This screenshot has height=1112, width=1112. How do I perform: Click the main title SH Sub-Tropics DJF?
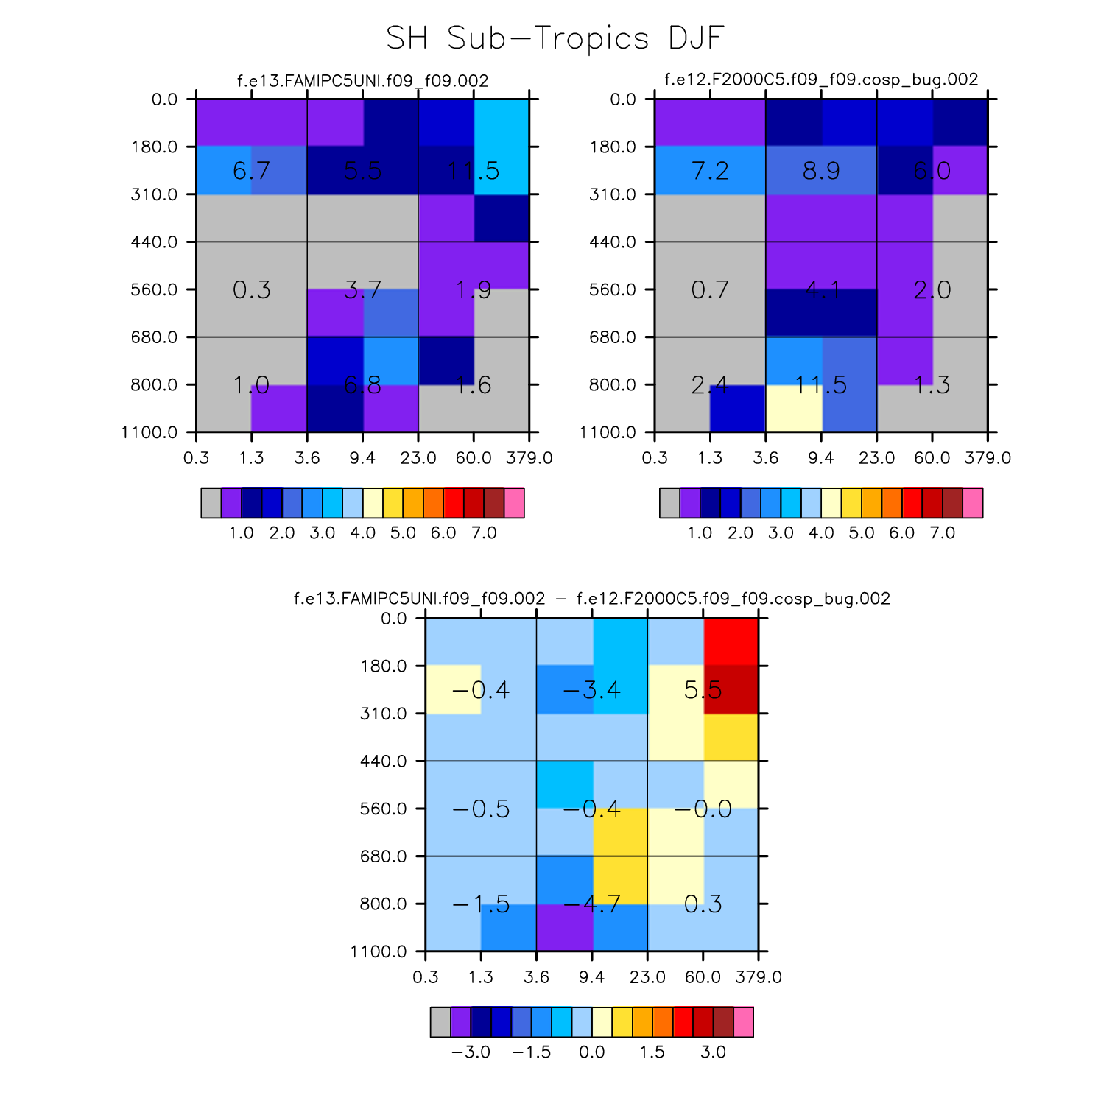tap(555, 38)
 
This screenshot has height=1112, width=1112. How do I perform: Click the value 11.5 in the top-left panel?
tap(474, 171)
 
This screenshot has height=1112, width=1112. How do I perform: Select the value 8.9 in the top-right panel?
tap(821, 171)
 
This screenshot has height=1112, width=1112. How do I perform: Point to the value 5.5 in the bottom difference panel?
tap(703, 690)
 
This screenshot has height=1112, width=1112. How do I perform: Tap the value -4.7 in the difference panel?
tap(591, 904)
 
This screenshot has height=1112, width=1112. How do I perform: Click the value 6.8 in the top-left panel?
tap(362, 384)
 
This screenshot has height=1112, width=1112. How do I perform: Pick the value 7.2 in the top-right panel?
tap(710, 171)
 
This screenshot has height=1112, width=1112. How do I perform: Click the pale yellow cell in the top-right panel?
tap(794, 408)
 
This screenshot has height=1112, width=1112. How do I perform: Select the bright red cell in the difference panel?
tap(731, 641)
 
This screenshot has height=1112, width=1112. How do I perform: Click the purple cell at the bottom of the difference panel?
tap(564, 927)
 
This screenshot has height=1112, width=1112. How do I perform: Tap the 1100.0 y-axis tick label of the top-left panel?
tap(150, 432)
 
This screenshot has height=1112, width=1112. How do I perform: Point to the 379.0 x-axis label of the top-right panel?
tap(988, 458)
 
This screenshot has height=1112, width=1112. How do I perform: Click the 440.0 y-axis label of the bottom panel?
tap(384, 761)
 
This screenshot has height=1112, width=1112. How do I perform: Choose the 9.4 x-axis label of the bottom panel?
tap(592, 977)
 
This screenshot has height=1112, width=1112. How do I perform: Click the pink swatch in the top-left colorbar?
tap(514, 503)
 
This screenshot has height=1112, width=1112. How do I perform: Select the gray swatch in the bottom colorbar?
tap(440, 1022)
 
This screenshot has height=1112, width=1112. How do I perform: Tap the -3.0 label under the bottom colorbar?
tap(471, 1052)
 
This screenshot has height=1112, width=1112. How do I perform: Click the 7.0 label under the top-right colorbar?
tap(942, 532)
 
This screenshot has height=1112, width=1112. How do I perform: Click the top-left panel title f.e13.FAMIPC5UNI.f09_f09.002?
tap(362, 80)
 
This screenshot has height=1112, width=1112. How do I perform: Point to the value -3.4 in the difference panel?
tap(591, 690)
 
